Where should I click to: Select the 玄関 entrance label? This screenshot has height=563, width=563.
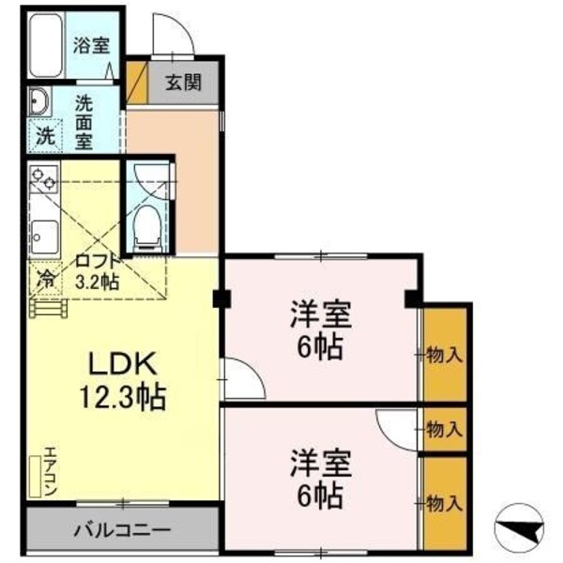[184, 82]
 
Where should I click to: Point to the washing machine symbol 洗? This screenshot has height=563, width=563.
[45, 134]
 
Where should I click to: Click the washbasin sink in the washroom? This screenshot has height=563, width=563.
[39, 99]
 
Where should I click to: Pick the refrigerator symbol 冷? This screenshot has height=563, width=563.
[44, 278]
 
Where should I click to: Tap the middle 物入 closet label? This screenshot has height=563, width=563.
[443, 430]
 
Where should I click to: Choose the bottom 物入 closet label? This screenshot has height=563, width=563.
[443, 503]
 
